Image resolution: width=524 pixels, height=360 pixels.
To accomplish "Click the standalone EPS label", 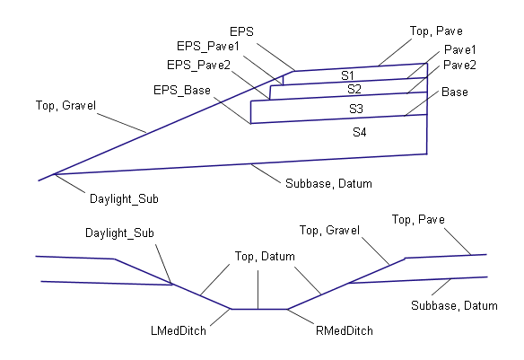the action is pos(241,31).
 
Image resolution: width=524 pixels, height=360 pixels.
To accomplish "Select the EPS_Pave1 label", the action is pos(208,46).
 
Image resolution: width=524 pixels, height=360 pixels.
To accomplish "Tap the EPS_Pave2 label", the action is pos(198,65).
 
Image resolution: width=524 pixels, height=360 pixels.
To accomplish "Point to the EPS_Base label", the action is pos(182,91).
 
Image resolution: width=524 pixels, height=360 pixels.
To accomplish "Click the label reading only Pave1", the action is pos(459,49).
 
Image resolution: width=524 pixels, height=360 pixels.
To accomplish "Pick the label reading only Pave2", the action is pos(459,65).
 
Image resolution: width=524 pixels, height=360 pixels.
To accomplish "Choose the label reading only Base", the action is pos(455,92).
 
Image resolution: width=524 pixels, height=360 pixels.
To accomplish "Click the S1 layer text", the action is pos(347,75).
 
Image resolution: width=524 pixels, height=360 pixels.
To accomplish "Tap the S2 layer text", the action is pos(354,89).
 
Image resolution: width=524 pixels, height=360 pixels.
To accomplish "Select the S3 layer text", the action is pos(356,109).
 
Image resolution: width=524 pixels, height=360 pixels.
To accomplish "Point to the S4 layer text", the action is pos(360,132).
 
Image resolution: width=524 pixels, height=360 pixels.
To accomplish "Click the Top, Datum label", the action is pos(265,257).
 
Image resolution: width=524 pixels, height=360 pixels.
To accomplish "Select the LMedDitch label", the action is pos(179,331).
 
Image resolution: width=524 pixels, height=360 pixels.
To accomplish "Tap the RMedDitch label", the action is pos(345,331).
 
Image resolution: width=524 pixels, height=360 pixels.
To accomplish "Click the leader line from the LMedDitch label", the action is pos(221,317).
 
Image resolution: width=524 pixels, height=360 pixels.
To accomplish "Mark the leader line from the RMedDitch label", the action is pos(301,317).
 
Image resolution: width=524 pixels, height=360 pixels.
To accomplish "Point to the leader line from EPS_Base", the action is pos(232,111).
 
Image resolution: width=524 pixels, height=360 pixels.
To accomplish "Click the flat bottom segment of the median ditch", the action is pos(259,309).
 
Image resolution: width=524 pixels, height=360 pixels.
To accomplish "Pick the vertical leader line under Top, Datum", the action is pos(258,289).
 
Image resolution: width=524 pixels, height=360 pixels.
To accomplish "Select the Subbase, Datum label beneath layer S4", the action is pos(328,183).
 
